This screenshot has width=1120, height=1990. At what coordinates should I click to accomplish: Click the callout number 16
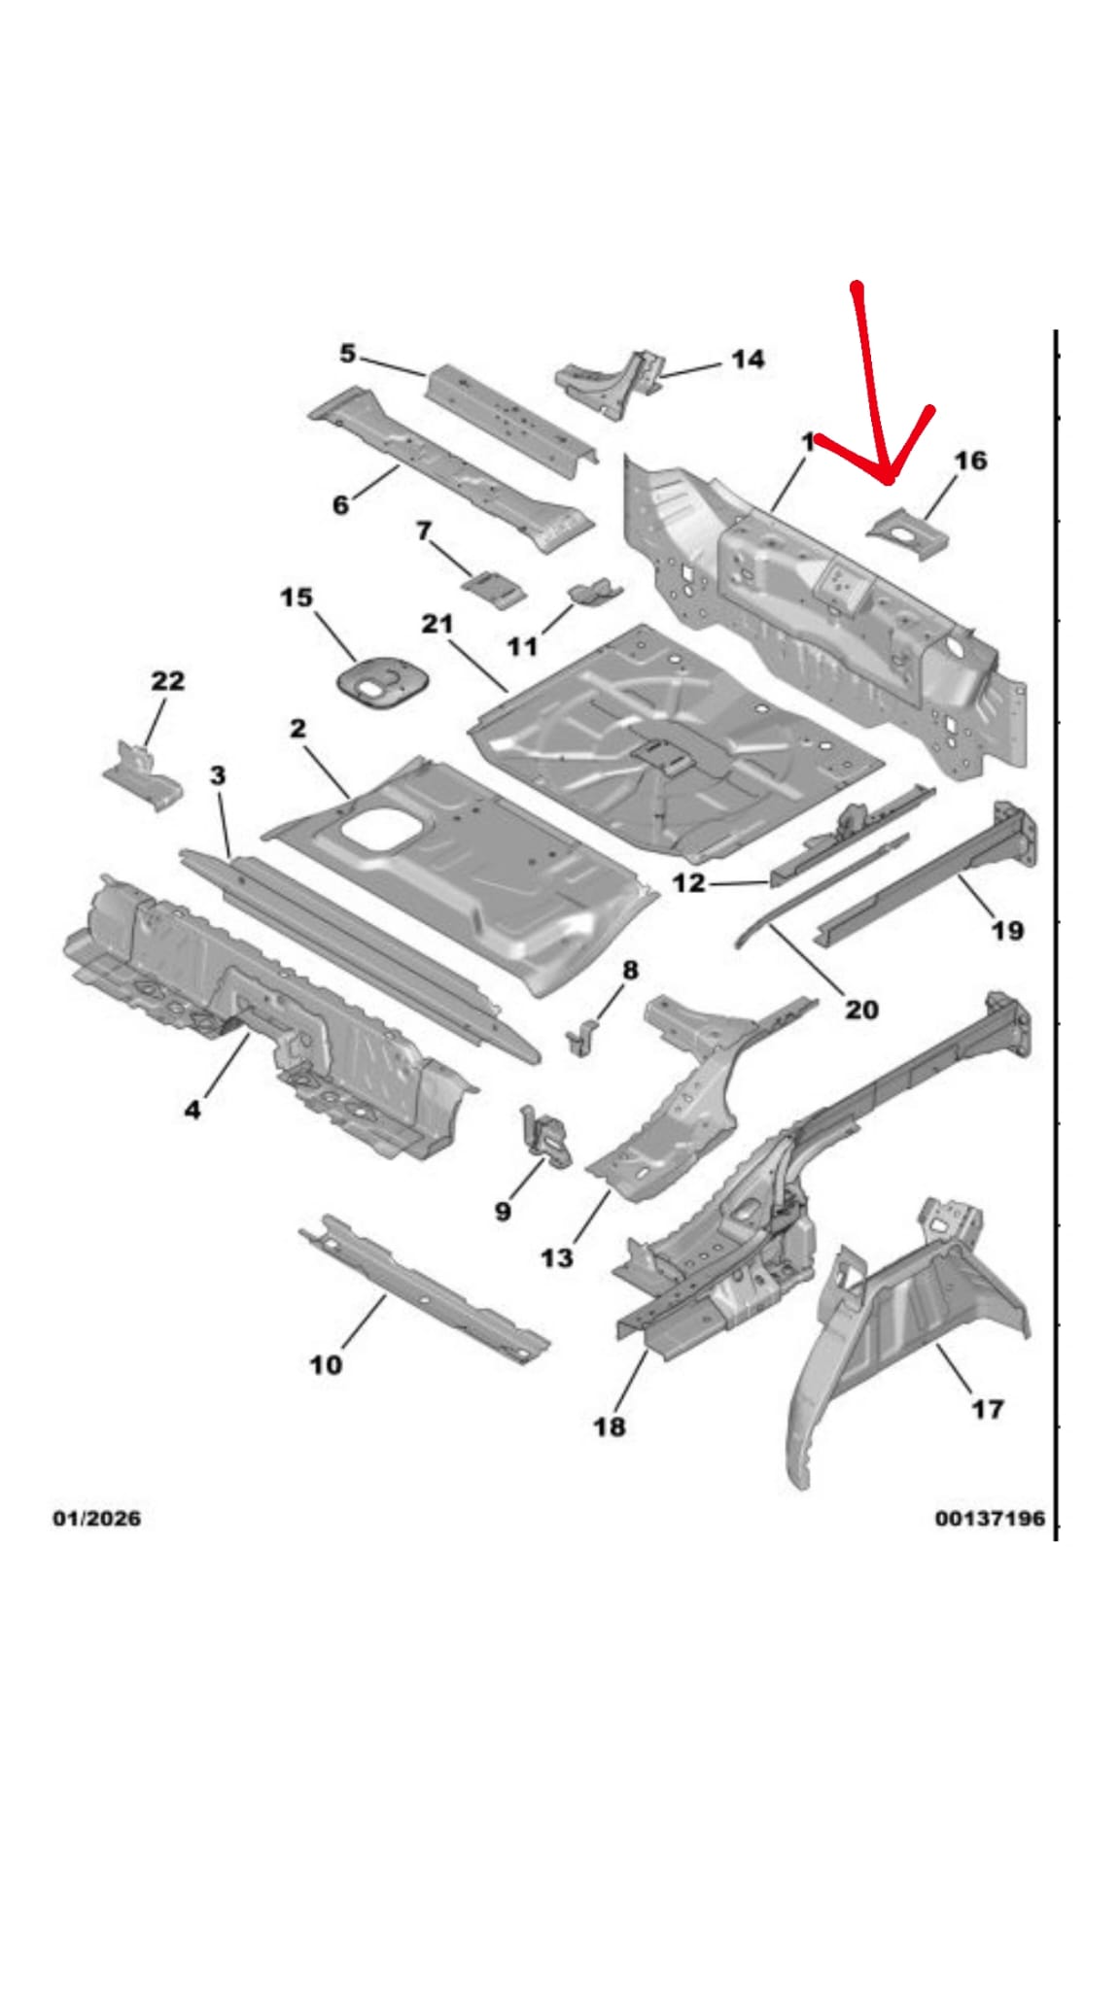pos(970,461)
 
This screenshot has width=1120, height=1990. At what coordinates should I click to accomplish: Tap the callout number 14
pos(747,360)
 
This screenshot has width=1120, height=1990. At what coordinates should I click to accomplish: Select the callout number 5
pos(347,354)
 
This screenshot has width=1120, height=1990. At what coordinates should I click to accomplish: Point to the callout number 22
pos(167,681)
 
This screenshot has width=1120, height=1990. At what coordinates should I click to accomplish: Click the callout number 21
pos(437,624)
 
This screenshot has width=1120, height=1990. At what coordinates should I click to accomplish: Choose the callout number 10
pos(326,1365)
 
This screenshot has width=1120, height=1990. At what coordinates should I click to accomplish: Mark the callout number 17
pos(988,1409)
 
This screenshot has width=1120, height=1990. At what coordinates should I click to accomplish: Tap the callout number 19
pos(1007,931)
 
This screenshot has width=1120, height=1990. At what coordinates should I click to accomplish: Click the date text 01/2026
pos(96,1518)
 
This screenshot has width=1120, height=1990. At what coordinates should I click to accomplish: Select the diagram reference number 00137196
pos(990,1518)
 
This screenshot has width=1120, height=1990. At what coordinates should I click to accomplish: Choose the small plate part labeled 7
pos(494,588)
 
